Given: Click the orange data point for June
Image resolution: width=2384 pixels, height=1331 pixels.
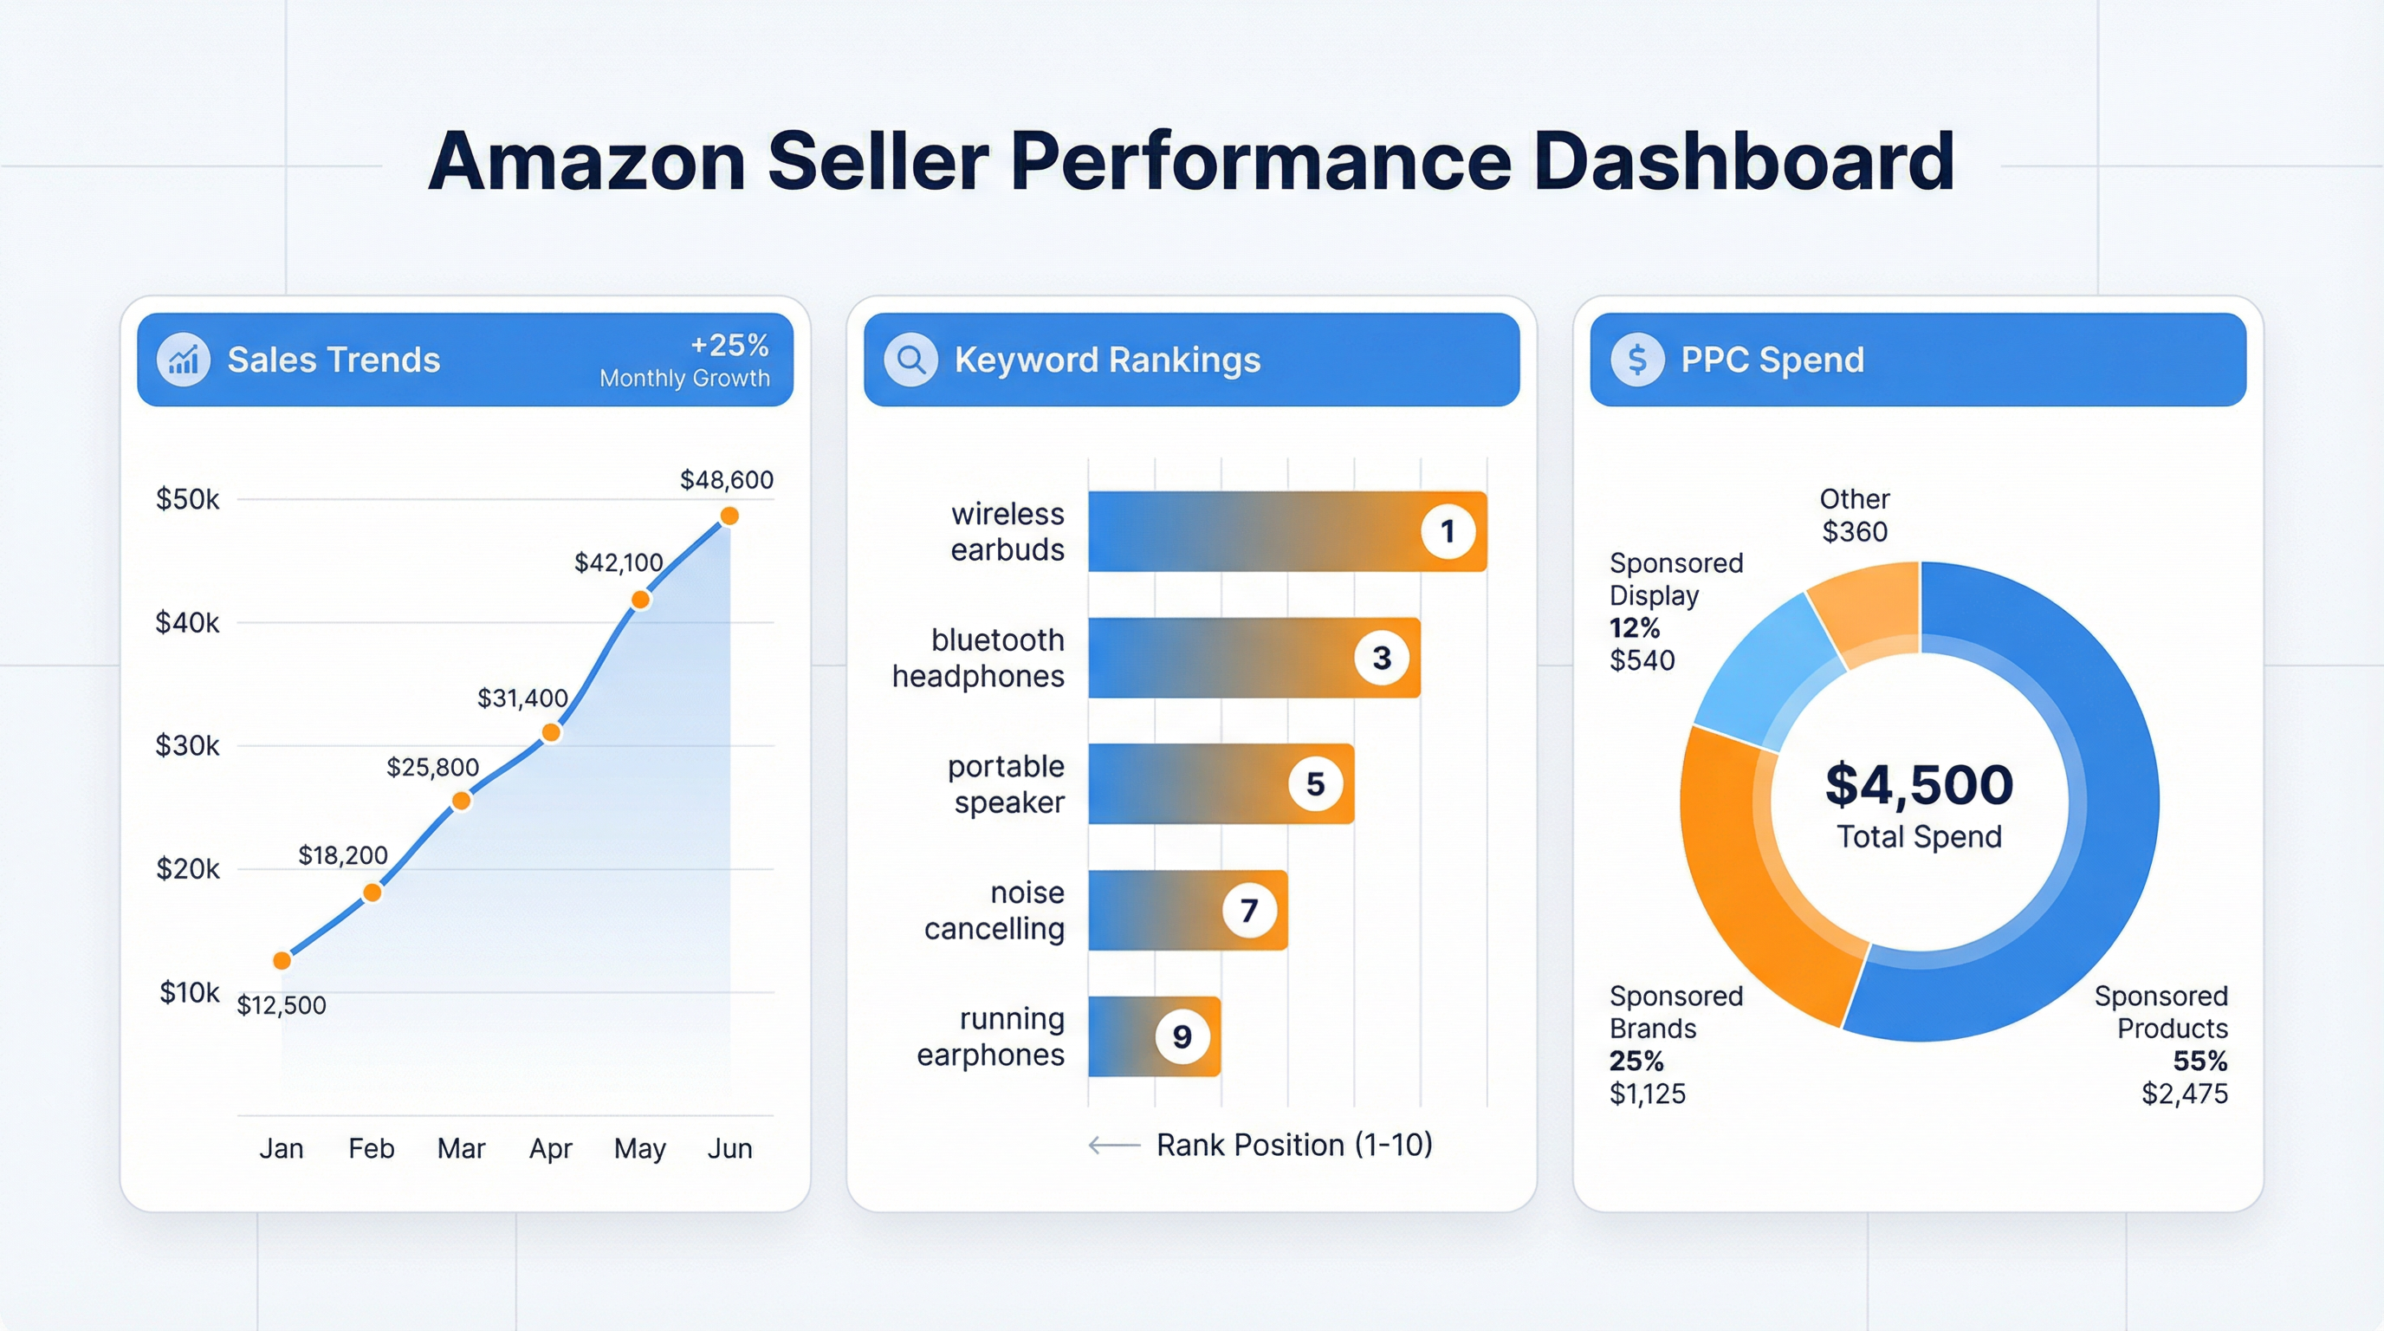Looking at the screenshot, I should (729, 516).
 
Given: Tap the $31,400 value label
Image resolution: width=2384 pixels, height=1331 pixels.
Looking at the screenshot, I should (522, 698).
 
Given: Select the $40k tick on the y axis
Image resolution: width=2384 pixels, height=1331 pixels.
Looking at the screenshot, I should (187, 622).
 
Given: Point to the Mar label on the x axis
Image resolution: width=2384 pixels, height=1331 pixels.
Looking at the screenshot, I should (461, 1149).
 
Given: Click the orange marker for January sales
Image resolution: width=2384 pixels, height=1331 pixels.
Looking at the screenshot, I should (282, 961).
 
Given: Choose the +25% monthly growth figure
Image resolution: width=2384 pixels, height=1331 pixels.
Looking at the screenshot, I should (729, 345).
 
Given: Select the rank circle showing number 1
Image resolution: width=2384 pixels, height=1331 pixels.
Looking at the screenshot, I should (1448, 531).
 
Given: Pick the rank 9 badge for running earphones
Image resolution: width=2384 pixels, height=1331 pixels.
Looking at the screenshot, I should (1182, 1036).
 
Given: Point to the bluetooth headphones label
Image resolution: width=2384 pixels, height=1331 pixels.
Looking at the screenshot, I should (978, 658).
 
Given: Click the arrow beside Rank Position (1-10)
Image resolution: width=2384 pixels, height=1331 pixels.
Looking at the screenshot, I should (1113, 1146).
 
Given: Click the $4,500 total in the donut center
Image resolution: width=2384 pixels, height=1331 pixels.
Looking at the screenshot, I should (1919, 785).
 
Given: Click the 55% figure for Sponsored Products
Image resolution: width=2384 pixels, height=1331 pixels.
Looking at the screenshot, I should (2199, 1061).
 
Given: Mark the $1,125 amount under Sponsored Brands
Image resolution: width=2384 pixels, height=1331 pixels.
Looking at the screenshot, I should (1648, 1094).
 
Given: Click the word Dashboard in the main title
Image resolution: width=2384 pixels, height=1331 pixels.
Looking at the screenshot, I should (1744, 162).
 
